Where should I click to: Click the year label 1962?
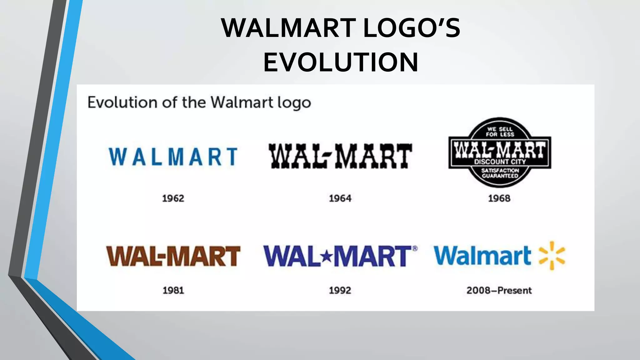[173, 198]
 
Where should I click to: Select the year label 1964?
[340, 198]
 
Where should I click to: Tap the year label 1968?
[499, 198]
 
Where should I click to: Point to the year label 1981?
[173, 291]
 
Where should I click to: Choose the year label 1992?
[340, 291]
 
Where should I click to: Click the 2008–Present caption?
[499, 291]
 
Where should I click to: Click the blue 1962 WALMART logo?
[173, 157]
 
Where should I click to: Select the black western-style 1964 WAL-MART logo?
[340, 156]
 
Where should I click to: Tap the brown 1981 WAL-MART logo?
[173, 256]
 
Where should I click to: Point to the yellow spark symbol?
[552, 256]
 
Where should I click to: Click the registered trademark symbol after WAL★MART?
[415, 248]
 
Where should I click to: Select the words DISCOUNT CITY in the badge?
[500, 162]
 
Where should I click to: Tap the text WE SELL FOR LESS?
[500, 132]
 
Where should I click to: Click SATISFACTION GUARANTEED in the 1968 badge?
[500, 173]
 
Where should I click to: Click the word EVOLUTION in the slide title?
[341, 62]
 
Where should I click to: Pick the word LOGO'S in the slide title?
[412, 28]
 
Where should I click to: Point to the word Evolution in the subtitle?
[122, 102]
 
